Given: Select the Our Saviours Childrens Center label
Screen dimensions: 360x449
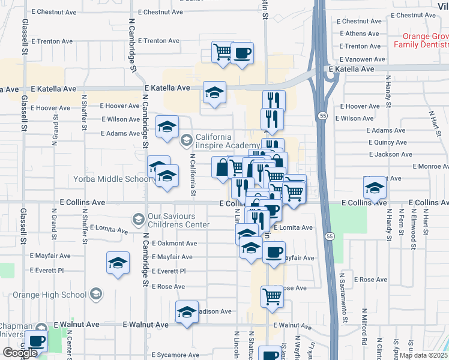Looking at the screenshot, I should click(x=178, y=220).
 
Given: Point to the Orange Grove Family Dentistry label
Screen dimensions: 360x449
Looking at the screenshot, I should click(x=421, y=40).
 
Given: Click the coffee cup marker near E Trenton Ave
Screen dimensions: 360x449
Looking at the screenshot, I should click(x=242, y=53).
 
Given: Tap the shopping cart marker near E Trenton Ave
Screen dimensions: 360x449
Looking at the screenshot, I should click(x=223, y=52).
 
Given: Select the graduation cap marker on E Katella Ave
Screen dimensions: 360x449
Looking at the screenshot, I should click(x=214, y=93).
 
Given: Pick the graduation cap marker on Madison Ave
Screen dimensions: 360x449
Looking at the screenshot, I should click(x=187, y=312).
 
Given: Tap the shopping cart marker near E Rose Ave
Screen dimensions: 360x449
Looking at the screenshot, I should click(x=273, y=296).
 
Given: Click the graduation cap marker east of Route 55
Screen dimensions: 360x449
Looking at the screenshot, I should click(x=375, y=188).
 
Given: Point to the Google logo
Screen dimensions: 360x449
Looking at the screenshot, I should click(x=20, y=353).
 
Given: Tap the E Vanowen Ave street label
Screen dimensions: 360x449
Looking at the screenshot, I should click(x=362, y=59).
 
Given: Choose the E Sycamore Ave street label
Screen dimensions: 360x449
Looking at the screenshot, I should click(x=176, y=355).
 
